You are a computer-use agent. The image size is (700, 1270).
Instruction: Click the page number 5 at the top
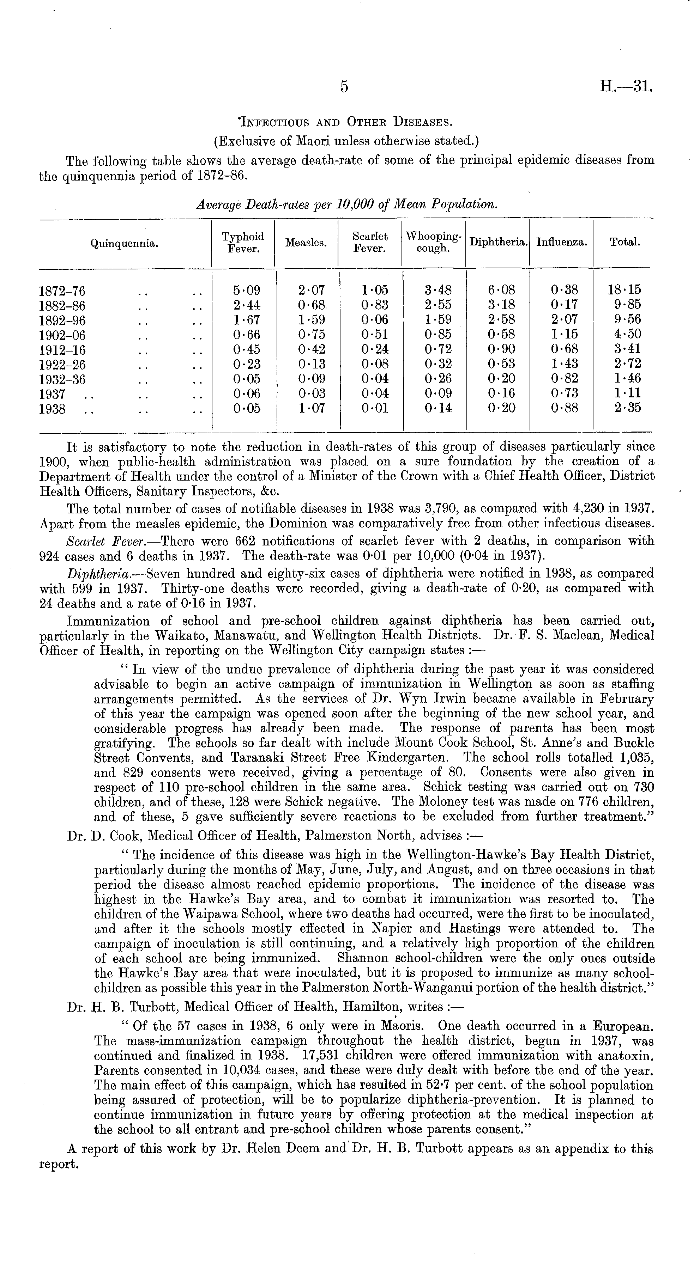click(x=344, y=87)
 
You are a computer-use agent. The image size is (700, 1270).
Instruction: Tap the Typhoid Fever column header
click(x=243, y=243)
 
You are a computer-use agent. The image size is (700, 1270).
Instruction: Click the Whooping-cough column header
click(x=433, y=243)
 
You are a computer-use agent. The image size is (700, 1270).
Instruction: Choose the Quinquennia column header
click(x=124, y=243)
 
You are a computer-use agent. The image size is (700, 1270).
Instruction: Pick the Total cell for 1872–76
click(x=624, y=290)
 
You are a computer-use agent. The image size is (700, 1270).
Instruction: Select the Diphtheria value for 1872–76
click(x=498, y=290)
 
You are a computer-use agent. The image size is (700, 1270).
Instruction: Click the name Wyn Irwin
click(x=433, y=699)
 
